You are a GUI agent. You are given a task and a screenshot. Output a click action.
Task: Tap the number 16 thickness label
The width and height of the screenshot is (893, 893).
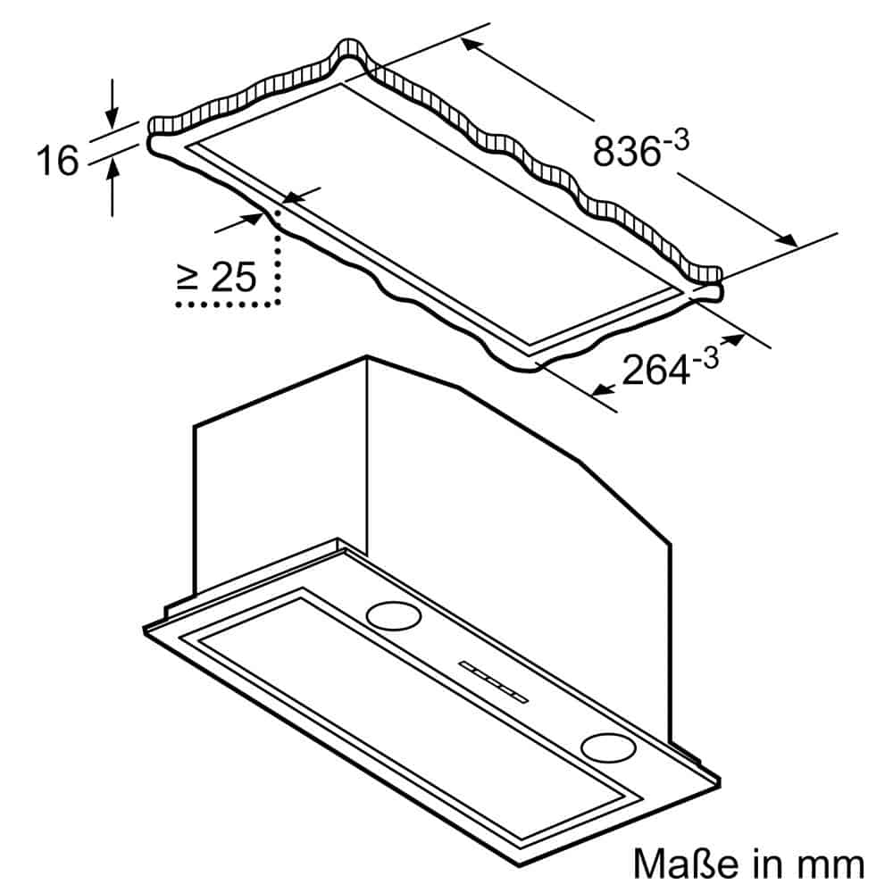click(x=57, y=161)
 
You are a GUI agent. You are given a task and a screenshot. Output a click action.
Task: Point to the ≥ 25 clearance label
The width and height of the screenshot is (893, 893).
click(x=217, y=278)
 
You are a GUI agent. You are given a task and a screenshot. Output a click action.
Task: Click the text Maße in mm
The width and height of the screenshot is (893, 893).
click(x=748, y=864)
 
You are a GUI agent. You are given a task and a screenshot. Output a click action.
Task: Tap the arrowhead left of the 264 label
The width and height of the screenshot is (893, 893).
click(x=601, y=389)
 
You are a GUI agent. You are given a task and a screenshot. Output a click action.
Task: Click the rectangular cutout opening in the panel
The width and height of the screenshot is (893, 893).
click(x=429, y=214)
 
